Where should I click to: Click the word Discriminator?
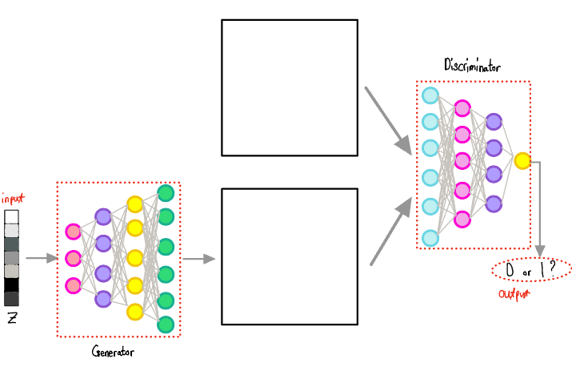(472, 67)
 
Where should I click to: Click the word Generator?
(113, 352)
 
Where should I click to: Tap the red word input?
(13, 198)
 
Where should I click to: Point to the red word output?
(516, 295)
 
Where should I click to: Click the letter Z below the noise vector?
(12, 317)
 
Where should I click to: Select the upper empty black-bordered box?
(289, 87)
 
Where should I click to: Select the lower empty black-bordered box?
(289, 256)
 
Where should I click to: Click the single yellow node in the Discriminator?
(522, 160)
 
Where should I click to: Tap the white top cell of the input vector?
(11, 216)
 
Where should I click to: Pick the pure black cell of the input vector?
(11, 284)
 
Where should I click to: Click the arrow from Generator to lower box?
(199, 259)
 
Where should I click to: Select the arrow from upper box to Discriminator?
(388, 120)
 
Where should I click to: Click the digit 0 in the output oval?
(510, 271)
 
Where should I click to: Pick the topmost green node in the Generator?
(166, 193)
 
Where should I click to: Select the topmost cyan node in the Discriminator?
(430, 95)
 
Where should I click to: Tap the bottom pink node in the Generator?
(73, 285)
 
